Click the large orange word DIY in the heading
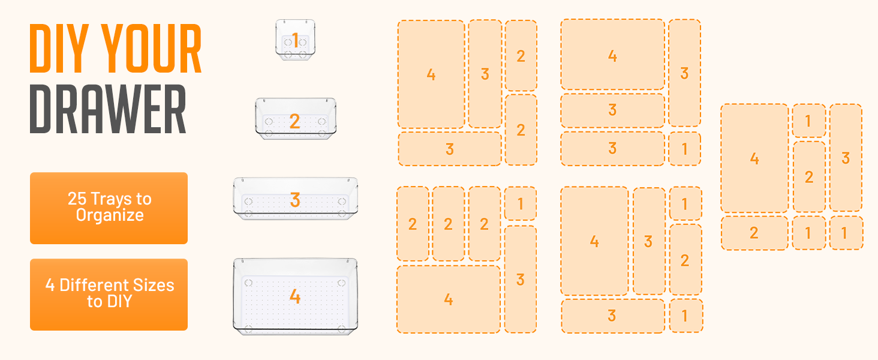pyautogui.click(x=60, y=49)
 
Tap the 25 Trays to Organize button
pyautogui.click(x=109, y=208)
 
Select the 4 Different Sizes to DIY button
pyautogui.click(x=109, y=294)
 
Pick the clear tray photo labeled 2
pyautogui.click(x=295, y=119)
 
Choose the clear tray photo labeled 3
pyautogui.click(x=295, y=199)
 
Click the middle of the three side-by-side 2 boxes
pyautogui.click(x=448, y=224)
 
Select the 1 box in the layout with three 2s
pyautogui.click(x=520, y=203)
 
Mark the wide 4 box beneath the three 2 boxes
pyautogui.click(x=448, y=299)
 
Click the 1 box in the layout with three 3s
pyautogui.click(x=684, y=149)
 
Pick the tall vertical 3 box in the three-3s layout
pyautogui.click(x=684, y=73)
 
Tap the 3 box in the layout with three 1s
pyautogui.click(x=846, y=158)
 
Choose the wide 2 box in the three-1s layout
pyautogui.click(x=754, y=233)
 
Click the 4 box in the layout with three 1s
pyautogui.click(x=754, y=158)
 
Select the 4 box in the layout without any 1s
pyautogui.click(x=431, y=74)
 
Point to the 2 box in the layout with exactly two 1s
pyautogui.click(x=685, y=260)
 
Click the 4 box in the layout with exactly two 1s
pyautogui.click(x=594, y=241)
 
